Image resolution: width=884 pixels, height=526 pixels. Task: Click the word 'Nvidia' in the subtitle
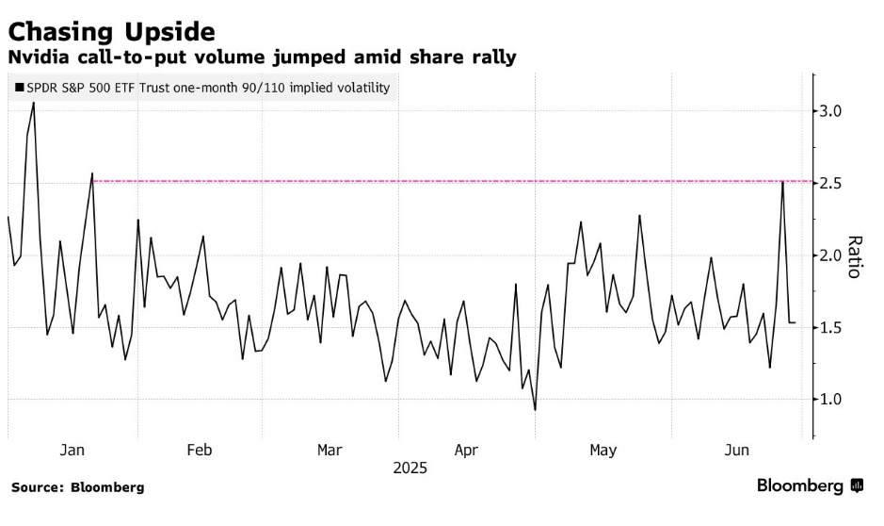click(x=37, y=58)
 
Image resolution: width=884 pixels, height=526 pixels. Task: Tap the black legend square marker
click(x=19, y=88)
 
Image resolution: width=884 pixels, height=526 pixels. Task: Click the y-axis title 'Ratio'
click(x=853, y=256)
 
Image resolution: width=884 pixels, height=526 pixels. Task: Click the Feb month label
click(x=200, y=451)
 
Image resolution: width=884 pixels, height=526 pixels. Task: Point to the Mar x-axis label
click(x=329, y=451)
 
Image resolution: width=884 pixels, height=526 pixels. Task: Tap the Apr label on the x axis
click(x=467, y=451)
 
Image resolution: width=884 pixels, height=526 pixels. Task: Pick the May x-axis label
click(x=603, y=451)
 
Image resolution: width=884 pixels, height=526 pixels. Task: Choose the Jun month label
click(x=738, y=451)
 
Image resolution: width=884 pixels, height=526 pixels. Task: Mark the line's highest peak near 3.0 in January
click(x=34, y=103)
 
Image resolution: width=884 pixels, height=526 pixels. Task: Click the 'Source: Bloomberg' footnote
click(x=78, y=487)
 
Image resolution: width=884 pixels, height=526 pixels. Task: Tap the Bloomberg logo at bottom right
click(x=810, y=486)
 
